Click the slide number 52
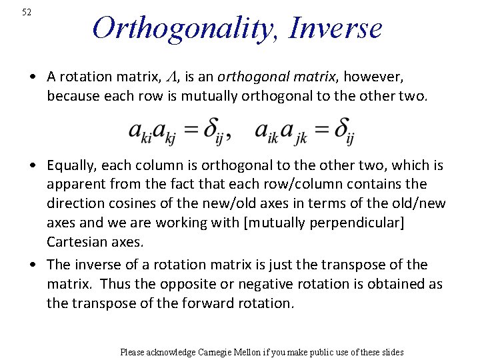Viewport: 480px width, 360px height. click(27, 12)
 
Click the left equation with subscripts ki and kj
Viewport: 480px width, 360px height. click(179, 131)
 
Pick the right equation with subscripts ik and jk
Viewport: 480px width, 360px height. click(304, 131)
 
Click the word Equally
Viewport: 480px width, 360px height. click(69, 165)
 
